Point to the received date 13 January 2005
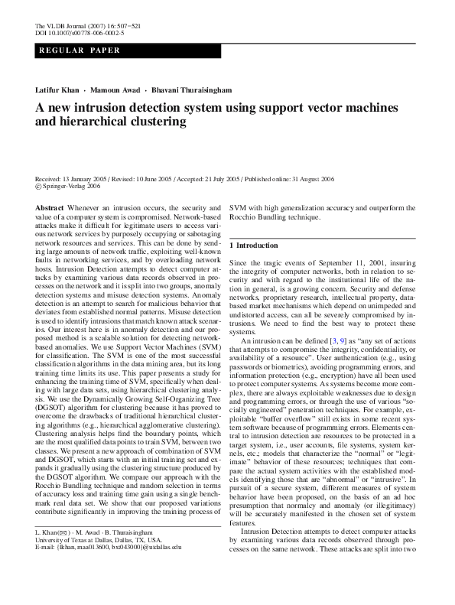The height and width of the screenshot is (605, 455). [x=92, y=177]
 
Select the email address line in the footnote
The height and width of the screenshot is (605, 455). [x=109, y=569]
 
